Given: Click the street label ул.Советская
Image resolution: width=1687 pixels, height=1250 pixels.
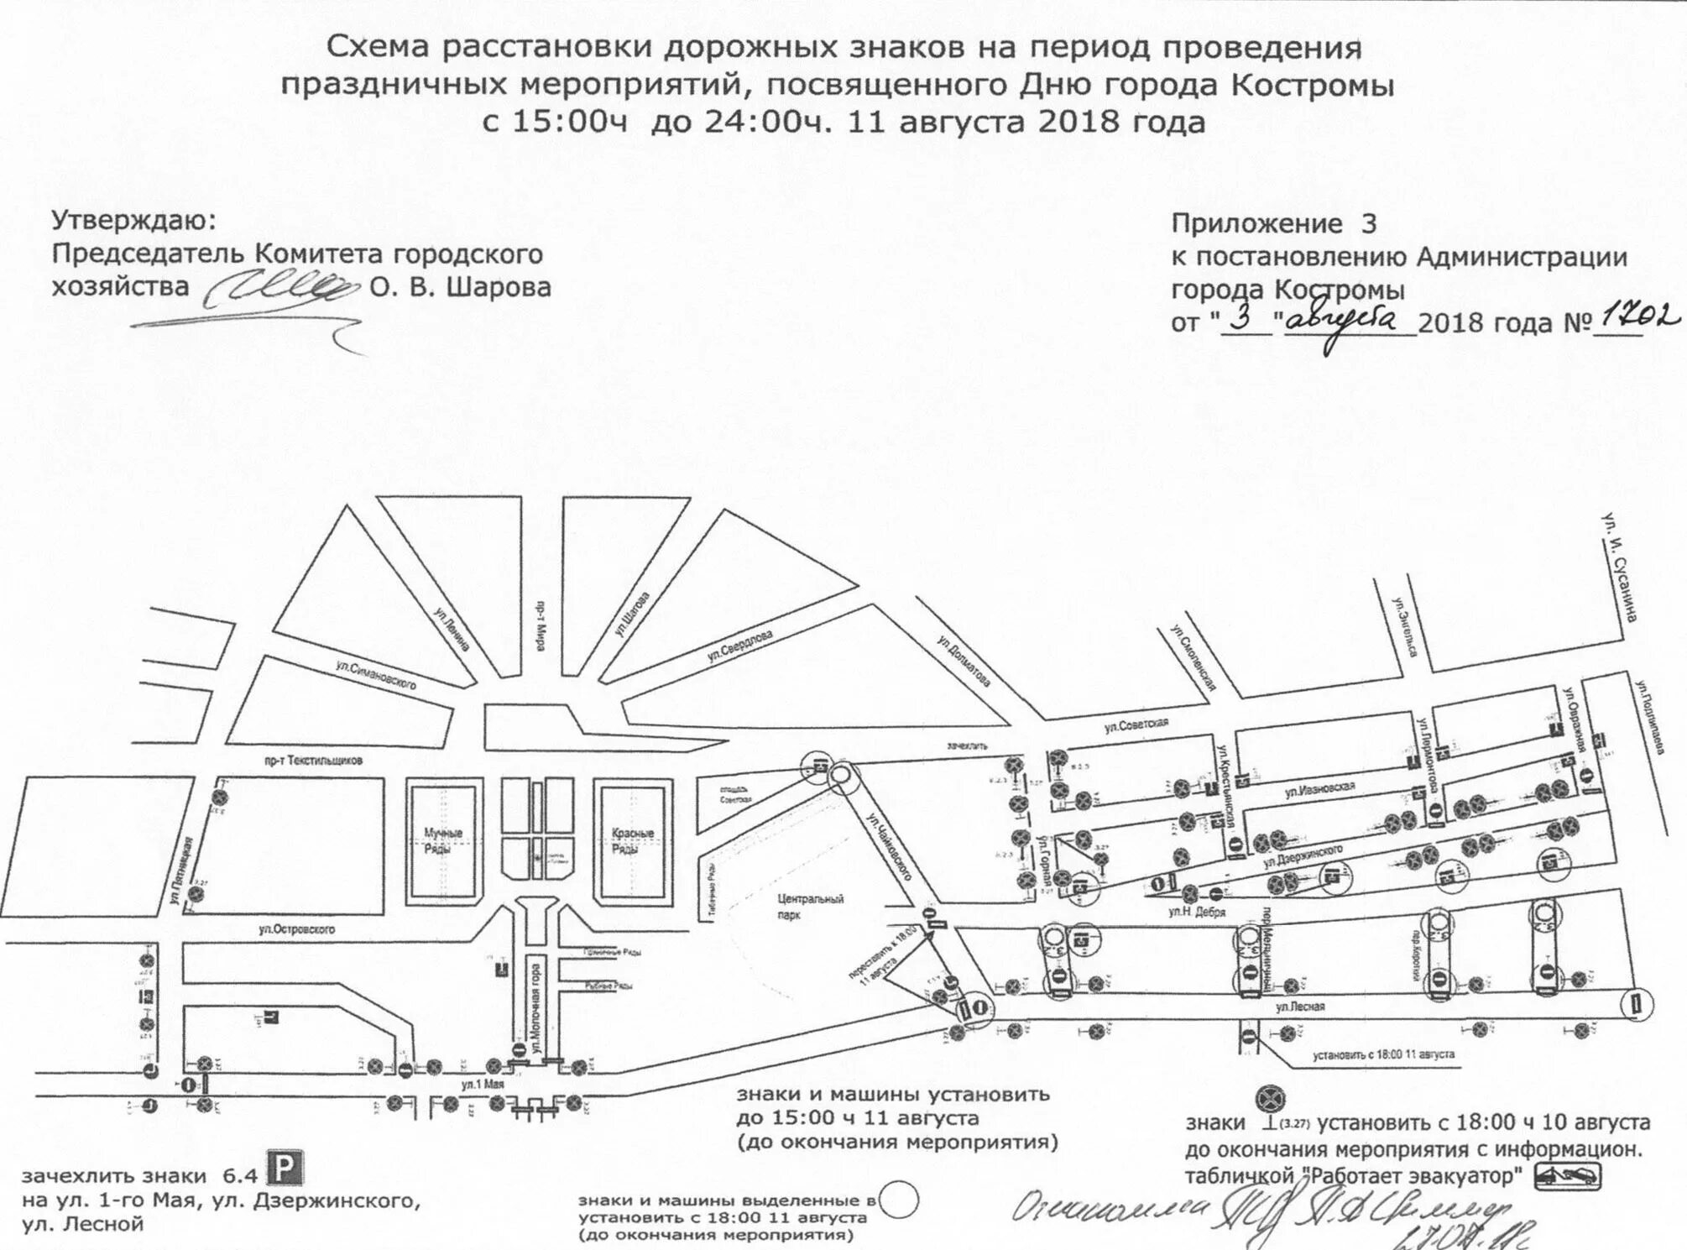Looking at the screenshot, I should (1136, 725).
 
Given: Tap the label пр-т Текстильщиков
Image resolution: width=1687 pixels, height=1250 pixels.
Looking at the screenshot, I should (313, 761).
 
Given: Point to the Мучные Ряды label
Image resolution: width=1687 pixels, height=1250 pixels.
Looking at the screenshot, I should (443, 840).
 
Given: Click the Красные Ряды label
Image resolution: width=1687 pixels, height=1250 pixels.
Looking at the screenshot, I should (632, 840).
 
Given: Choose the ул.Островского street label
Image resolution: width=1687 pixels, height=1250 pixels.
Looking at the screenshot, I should (297, 929).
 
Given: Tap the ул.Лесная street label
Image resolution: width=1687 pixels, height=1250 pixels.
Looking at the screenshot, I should (1300, 1006).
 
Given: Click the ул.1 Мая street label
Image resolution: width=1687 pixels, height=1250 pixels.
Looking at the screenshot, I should (481, 1085).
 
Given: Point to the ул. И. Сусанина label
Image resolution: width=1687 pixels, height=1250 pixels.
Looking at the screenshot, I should (1619, 567).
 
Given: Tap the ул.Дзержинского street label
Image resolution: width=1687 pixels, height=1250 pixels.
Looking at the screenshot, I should (1303, 856).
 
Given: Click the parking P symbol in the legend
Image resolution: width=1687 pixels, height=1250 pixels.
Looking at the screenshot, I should (285, 1169).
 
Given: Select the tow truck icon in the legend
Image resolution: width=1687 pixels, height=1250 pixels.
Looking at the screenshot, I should (1567, 1177).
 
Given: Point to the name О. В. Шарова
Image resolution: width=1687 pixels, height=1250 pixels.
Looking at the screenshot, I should (460, 288).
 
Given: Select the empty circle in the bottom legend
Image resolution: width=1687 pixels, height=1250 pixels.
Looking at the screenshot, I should (900, 1200).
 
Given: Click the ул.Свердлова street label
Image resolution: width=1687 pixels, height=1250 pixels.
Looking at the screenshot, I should (739, 646).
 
